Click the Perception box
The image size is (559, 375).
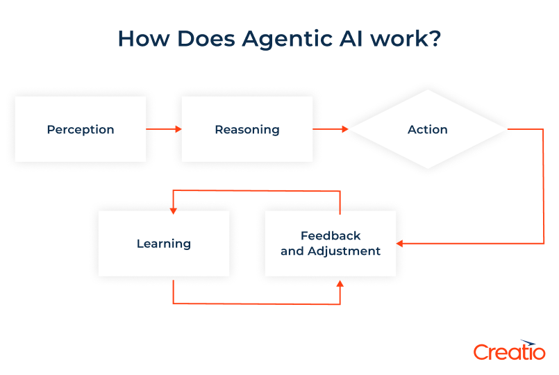pos(81,129)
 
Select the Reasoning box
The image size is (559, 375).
pos(247,129)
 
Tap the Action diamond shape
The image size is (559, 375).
pos(428,129)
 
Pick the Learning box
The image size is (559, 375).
pos(164,244)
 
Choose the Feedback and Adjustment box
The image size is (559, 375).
pos(331,244)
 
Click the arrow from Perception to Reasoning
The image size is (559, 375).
pos(164,129)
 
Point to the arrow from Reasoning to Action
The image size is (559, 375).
pos(331,129)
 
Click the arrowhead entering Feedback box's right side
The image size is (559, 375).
pos(400,244)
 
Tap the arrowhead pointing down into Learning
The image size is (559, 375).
pos(173,208)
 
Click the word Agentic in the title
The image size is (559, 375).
pos(289,40)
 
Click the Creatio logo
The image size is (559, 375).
pos(509,351)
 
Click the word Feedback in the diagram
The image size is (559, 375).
pos(331,236)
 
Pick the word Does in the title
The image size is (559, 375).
pos(203,39)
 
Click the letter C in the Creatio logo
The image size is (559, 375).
pos(481,352)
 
